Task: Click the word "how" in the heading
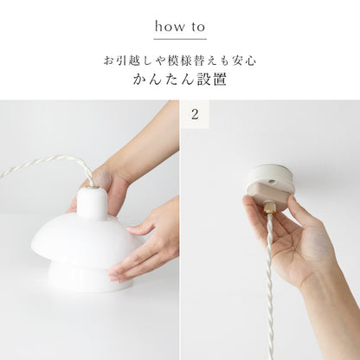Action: click(x=170, y=27)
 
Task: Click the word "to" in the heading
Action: click(x=197, y=27)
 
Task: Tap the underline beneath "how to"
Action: click(x=180, y=39)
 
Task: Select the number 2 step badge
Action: click(x=195, y=114)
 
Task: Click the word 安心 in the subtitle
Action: click(x=245, y=61)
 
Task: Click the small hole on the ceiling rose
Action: click(x=271, y=183)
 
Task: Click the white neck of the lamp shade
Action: click(x=92, y=202)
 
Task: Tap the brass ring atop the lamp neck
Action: click(x=93, y=188)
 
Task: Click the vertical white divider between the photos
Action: click(x=180, y=230)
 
